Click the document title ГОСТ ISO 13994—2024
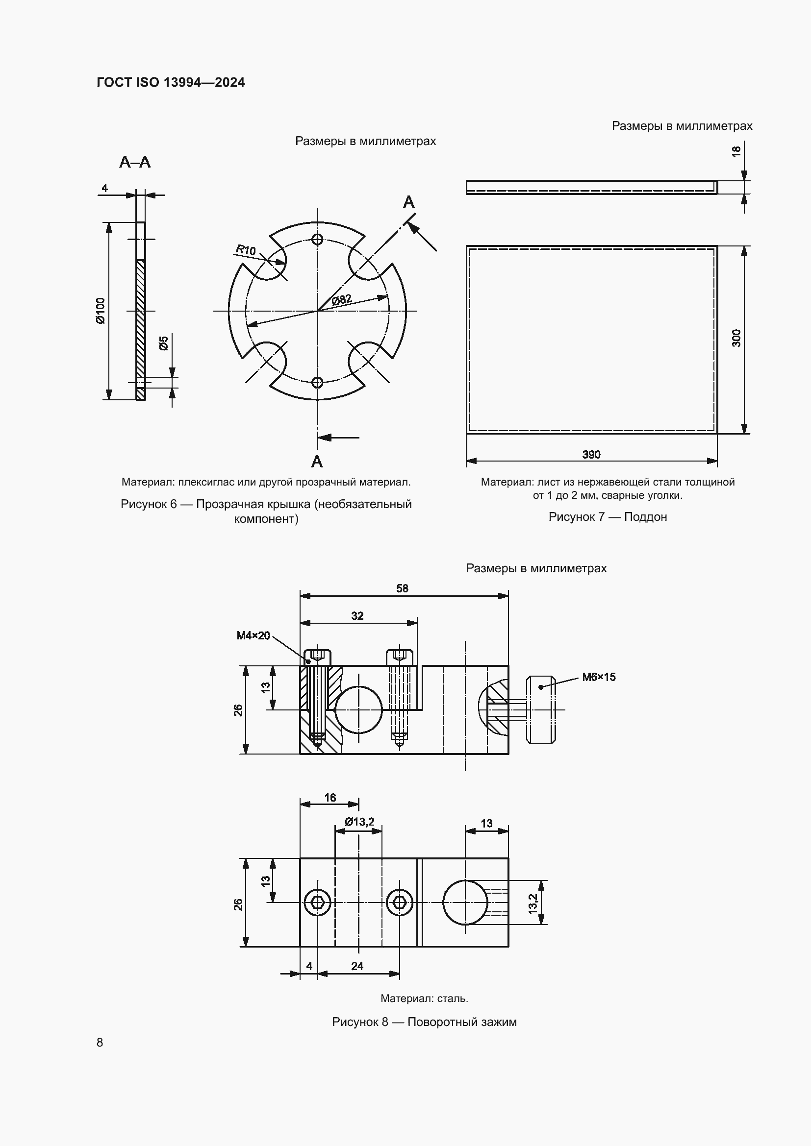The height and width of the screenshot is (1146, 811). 171,82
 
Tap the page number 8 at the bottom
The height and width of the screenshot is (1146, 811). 100,1042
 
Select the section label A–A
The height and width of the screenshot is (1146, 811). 135,162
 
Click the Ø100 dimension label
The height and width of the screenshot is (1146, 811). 101,311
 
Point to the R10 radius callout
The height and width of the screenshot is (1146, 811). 246,249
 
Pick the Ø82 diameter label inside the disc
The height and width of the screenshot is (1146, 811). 342,300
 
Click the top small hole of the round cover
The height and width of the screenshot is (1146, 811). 317,239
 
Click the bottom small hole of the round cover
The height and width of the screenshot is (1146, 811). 317,382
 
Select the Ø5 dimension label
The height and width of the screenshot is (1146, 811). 164,343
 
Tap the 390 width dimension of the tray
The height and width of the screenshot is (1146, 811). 591,454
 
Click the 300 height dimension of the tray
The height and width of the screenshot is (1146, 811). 736,339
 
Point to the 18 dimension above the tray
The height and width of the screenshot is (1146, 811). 736,152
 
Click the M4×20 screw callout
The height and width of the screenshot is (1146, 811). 253,635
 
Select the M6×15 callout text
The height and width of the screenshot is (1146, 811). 599,677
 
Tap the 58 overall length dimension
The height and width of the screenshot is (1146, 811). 402,588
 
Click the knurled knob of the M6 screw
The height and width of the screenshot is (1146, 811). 541,709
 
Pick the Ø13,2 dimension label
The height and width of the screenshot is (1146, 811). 359,822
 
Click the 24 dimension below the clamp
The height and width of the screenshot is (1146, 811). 357,966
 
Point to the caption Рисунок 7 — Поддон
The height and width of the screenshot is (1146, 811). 607,516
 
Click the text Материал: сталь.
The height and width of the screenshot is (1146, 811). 424,998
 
